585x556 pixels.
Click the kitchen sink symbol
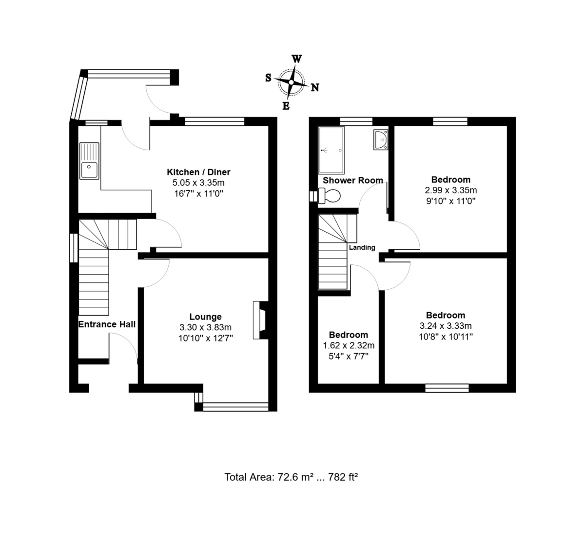[89, 161]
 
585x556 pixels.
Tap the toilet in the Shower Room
[329, 196]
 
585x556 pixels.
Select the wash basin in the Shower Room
[381, 139]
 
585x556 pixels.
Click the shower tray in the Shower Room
[331, 150]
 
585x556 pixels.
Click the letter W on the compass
[296, 59]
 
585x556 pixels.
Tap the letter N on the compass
[315, 88]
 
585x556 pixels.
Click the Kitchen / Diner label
[198, 172]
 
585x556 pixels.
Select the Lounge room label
[206, 317]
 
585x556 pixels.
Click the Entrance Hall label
[107, 324]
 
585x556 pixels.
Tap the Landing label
[362, 247]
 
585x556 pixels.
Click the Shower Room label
[353, 180]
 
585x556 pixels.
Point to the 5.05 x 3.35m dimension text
[198, 182]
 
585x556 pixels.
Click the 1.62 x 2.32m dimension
[349, 345]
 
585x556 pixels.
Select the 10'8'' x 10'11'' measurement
[446, 337]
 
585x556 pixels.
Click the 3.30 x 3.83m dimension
[205, 327]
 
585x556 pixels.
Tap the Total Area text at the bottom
[291, 477]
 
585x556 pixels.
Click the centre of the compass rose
[292, 82]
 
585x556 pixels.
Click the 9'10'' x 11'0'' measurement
[451, 201]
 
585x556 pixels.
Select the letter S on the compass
[268, 78]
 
